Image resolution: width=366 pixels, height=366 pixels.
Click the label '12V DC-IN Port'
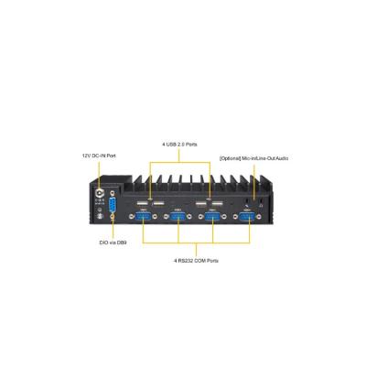(x=99, y=156)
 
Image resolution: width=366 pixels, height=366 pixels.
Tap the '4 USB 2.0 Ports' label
(x=179, y=145)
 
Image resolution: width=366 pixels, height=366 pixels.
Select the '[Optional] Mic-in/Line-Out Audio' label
(x=253, y=158)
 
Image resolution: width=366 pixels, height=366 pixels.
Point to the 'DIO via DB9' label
(x=113, y=242)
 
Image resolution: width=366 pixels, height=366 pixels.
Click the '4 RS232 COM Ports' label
(x=196, y=261)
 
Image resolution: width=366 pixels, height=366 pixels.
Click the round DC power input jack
(x=100, y=193)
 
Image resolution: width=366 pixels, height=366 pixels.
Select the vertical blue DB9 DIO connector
(x=113, y=204)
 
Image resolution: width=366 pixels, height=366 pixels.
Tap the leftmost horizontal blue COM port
(x=144, y=217)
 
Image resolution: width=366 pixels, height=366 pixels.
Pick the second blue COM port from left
(x=178, y=217)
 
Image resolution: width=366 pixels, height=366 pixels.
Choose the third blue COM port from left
(x=212, y=217)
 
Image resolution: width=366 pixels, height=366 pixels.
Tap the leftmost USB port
(x=141, y=204)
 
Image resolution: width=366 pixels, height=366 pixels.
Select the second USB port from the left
(x=158, y=204)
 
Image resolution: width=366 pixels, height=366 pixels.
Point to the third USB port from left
(x=200, y=204)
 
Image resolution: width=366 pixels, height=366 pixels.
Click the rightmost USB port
(x=217, y=204)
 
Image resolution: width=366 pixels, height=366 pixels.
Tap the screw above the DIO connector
(x=113, y=193)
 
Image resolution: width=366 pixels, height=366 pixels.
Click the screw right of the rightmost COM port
(x=259, y=217)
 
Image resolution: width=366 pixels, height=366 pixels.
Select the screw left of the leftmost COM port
(x=132, y=217)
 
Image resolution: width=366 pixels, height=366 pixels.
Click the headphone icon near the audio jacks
(x=261, y=206)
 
